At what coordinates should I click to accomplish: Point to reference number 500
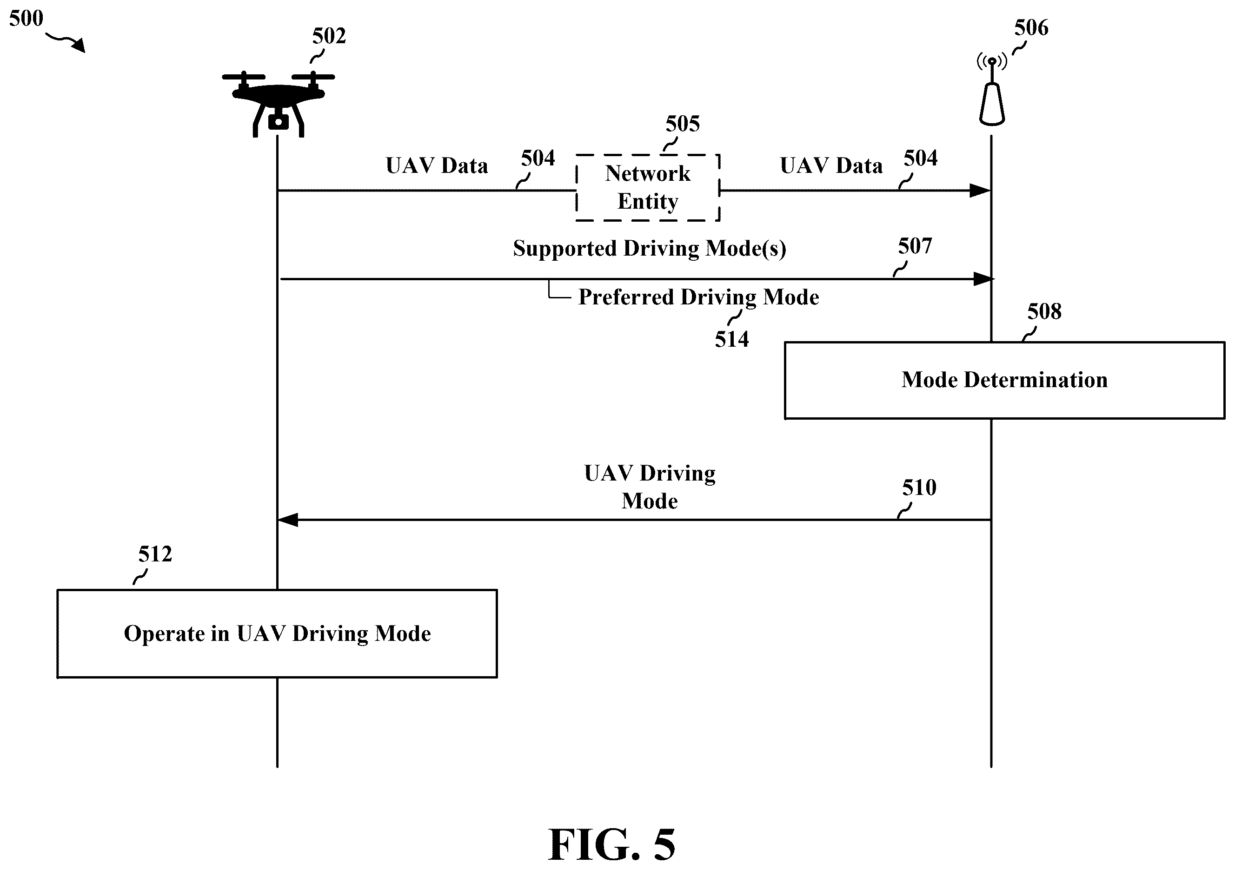point(26,18)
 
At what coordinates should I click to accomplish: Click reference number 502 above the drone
point(329,36)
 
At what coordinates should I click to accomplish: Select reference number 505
point(683,124)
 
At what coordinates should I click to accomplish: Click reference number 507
point(915,246)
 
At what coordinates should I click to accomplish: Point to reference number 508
point(1044,311)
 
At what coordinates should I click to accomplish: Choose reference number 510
point(919,488)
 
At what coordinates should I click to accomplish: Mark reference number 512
point(155,554)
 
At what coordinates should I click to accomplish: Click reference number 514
point(731,339)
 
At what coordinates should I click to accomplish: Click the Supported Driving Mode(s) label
point(649,249)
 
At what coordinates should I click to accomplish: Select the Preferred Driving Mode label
point(698,297)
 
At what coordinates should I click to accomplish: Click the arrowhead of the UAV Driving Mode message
point(288,520)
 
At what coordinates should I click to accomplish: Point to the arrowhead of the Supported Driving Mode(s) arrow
point(984,279)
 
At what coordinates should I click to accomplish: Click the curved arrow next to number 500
point(66,41)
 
